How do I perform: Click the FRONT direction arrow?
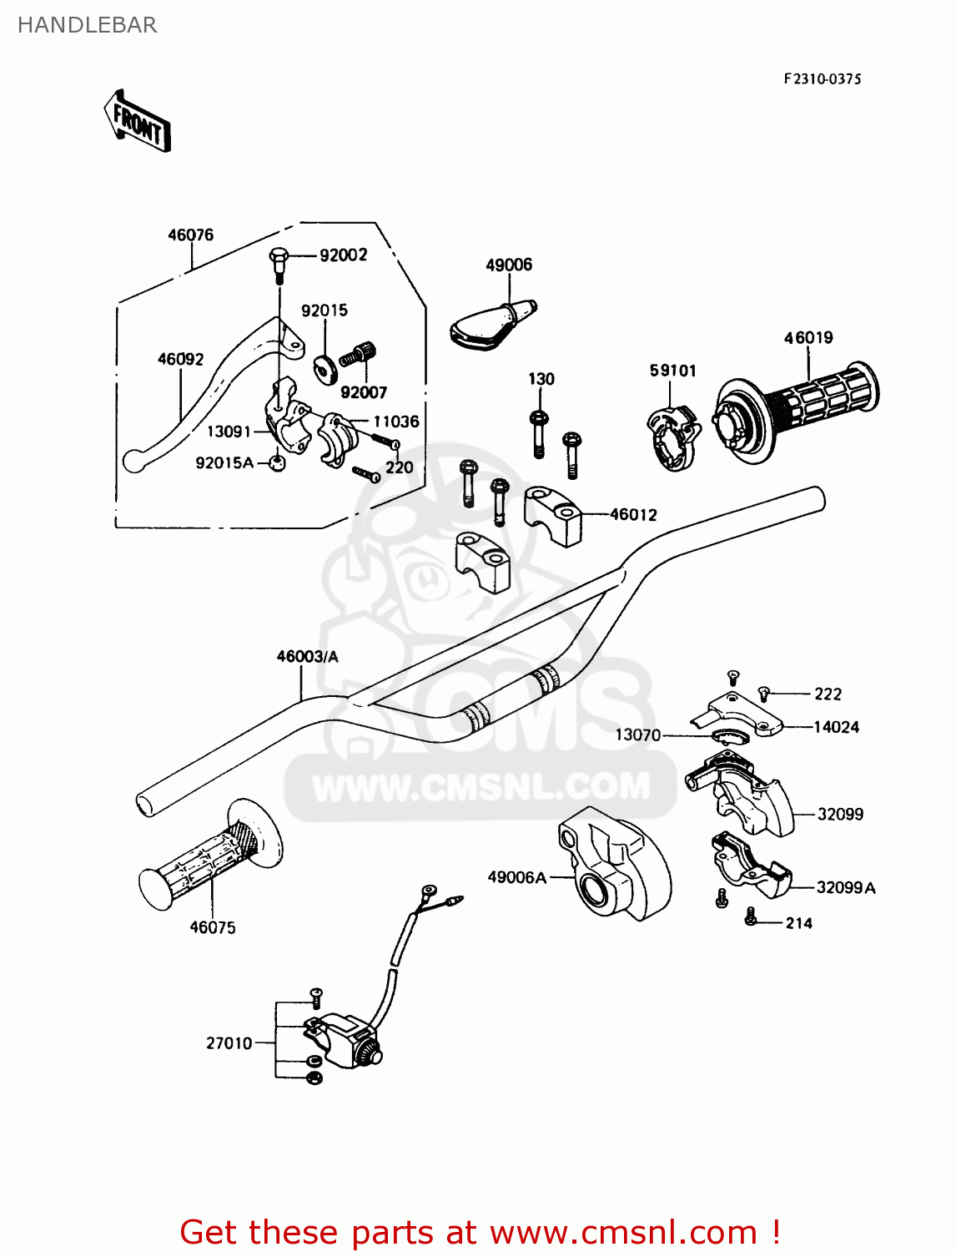tap(137, 122)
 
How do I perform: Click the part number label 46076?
tap(190, 235)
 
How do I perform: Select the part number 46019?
tap(808, 338)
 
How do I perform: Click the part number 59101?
tap(672, 371)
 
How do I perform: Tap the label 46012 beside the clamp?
tap(633, 515)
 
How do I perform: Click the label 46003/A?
tap(307, 657)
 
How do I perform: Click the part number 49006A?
tap(516, 877)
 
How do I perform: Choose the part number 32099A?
tap(845, 888)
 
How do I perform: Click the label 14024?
tap(836, 727)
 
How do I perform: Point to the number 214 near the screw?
tap(798, 923)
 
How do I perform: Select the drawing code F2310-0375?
tap(822, 79)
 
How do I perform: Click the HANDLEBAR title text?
tap(87, 25)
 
